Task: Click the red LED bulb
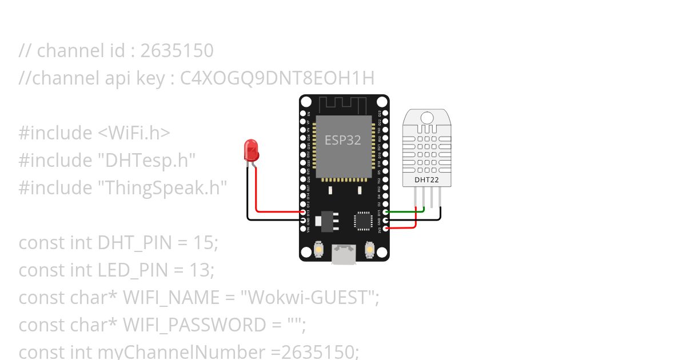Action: pyautogui.click(x=250, y=150)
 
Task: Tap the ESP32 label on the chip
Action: pyautogui.click(x=343, y=140)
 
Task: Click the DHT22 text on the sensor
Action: pyautogui.click(x=427, y=180)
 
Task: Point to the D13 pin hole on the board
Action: pyautogui.click(x=303, y=212)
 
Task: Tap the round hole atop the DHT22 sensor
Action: pyautogui.click(x=427, y=118)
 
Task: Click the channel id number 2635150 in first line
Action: pyautogui.click(x=177, y=51)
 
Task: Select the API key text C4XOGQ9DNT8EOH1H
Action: pyautogui.click(x=277, y=78)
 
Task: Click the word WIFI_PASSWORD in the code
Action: pyautogui.click(x=195, y=325)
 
